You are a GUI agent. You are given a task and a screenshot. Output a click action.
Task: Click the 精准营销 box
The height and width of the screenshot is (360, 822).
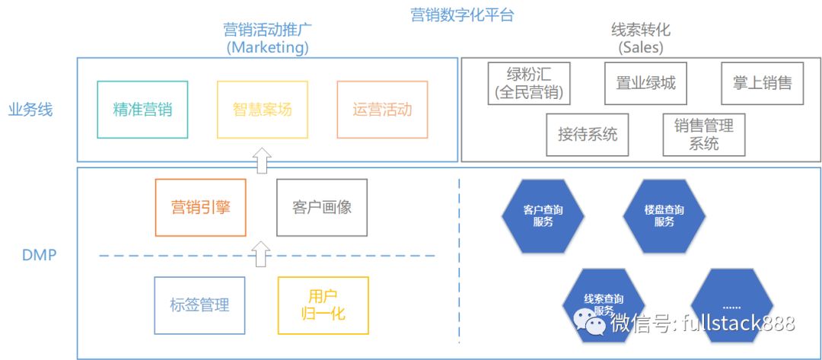[142, 110]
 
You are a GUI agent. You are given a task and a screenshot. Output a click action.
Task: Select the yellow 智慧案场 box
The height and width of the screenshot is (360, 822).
[262, 110]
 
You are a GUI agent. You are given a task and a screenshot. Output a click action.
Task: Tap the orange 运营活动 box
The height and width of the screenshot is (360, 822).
[382, 110]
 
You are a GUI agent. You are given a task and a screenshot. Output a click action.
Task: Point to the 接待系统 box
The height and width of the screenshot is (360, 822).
[588, 135]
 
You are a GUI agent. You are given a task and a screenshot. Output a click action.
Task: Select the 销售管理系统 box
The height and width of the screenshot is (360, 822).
[704, 135]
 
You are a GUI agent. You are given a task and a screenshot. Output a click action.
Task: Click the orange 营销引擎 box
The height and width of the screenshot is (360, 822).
[200, 207]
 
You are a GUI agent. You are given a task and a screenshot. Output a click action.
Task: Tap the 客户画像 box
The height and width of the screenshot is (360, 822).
[321, 207]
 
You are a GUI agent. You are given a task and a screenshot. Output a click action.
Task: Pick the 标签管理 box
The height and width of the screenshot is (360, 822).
[199, 305]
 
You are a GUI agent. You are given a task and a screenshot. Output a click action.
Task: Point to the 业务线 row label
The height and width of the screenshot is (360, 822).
[30, 110]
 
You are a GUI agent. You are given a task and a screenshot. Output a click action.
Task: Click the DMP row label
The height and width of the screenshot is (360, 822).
[39, 255]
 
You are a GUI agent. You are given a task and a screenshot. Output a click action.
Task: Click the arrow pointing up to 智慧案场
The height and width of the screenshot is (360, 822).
[262, 161]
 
